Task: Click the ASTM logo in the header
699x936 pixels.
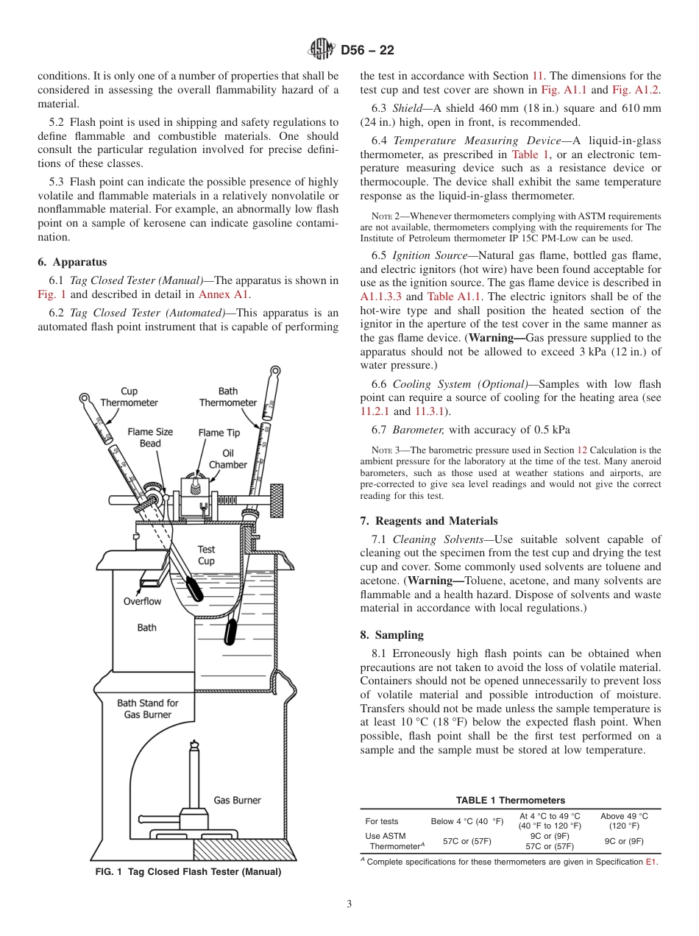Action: pyautogui.click(x=321, y=49)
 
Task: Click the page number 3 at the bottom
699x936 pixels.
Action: pyautogui.click(x=349, y=904)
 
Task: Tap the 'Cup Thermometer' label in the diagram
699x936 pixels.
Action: pyautogui.click(x=129, y=397)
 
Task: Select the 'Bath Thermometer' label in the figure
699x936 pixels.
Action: pyautogui.click(x=228, y=397)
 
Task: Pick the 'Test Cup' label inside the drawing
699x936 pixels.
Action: pyautogui.click(x=207, y=555)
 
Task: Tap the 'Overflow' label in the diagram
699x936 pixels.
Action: pyautogui.click(x=142, y=601)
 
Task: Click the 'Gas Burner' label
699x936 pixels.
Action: pyautogui.click(x=237, y=800)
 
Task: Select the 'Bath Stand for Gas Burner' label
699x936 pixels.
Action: pyautogui.click(x=147, y=709)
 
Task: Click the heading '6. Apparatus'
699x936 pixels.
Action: pyautogui.click(x=72, y=262)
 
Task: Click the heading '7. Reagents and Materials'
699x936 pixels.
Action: pyautogui.click(x=429, y=520)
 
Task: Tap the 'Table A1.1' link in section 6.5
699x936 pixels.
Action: pyautogui.click(x=451, y=297)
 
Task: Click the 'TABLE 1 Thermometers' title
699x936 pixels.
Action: pyautogui.click(x=510, y=800)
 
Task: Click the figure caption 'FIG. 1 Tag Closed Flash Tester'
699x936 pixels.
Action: pyautogui.click(x=188, y=872)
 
